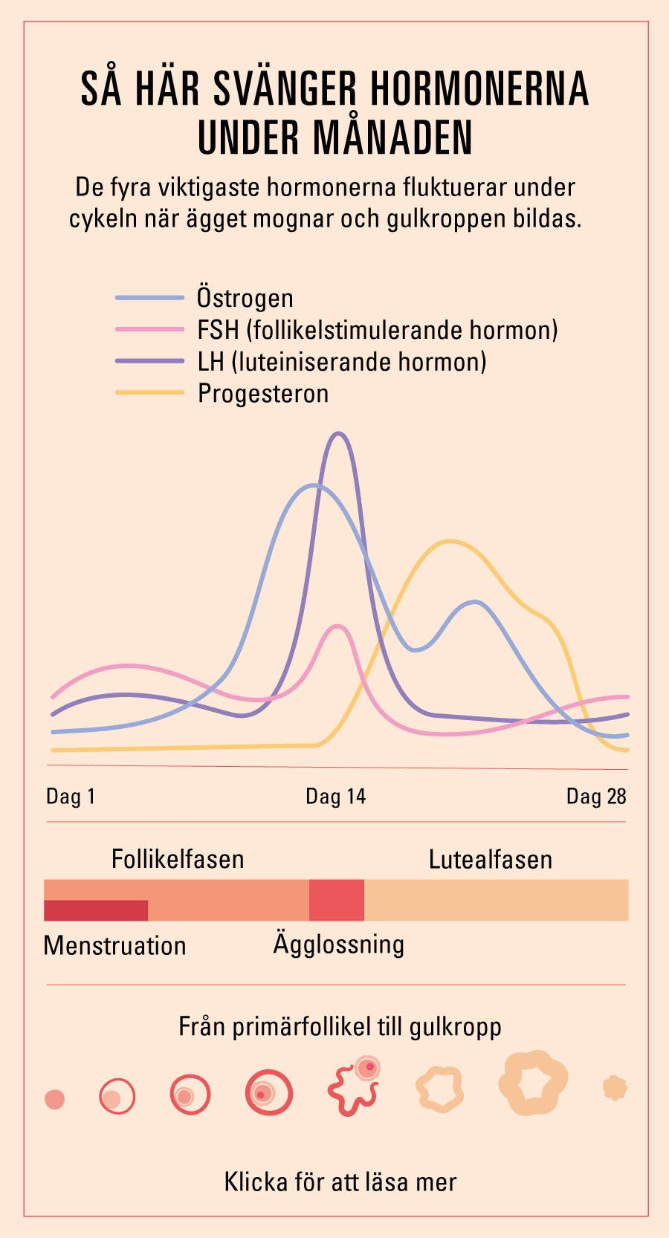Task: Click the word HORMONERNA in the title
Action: [x=479, y=89]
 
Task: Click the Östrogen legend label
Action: [x=245, y=298]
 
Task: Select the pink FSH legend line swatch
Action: [x=149, y=329]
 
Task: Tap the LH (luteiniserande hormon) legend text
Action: [x=342, y=362]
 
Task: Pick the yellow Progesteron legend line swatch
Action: [x=149, y=392]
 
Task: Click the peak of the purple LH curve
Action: [x=339, y=433]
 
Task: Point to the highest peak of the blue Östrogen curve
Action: [x=315, y=486]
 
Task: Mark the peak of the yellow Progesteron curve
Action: [x=449, y=541]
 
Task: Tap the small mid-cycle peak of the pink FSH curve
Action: [x=338, y=626]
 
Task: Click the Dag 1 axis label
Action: [x=71, y=797]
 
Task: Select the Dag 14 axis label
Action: [x=335, y=797]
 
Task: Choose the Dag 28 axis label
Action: [x=596, y=797]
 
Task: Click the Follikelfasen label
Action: [x=178, y=859]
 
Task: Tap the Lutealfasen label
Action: [x=491, y=860]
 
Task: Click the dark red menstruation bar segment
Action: [x=96, y=910]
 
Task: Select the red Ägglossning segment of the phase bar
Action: [x=337, y=900]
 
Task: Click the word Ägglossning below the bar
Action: [x=339, y=944]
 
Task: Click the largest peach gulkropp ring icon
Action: [x=533, y=1083]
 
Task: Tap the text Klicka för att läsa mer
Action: [x=340, y=1182]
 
